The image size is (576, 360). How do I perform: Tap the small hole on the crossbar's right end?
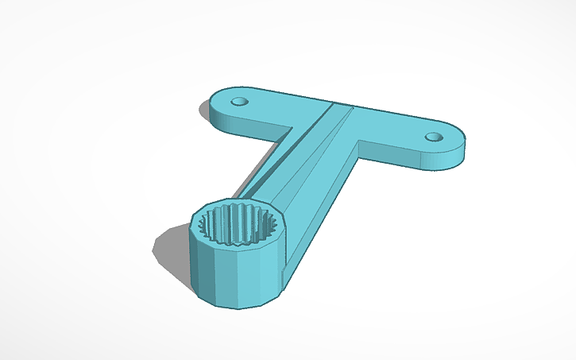tap(433, 137)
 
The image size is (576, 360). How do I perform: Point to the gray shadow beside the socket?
tap(171, 246)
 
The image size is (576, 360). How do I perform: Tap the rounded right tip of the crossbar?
tap(461, 143)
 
